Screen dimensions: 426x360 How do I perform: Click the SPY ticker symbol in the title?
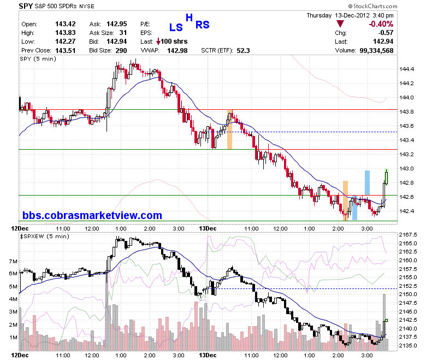[26, 6]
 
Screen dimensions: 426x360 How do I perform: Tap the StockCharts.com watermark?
[372, 6]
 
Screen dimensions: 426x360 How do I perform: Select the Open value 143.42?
[66, 24]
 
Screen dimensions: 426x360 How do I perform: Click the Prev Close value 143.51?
[66, 51]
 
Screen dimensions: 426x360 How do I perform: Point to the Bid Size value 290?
[121, 51]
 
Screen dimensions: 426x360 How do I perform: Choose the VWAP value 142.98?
[177, 51]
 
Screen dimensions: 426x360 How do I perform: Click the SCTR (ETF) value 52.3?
[243, 51]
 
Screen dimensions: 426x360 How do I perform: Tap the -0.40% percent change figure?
[381, 24]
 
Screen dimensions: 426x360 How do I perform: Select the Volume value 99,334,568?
[376, 51]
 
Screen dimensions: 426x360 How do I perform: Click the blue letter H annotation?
[189, 17]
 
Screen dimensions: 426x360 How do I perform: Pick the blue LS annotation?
[176, 27]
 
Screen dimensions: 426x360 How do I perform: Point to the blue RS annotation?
[203, 25]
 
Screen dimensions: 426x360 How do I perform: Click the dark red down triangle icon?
[340, 23]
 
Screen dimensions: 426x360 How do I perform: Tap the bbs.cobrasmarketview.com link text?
[92, 215]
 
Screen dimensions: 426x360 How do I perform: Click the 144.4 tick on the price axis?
[406, 69]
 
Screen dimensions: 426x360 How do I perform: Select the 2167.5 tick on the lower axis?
[408, 235]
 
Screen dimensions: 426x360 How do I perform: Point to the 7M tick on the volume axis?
[13, 261]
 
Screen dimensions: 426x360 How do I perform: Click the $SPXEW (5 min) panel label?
[45, 237]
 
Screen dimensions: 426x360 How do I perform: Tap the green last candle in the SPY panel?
[386, 177]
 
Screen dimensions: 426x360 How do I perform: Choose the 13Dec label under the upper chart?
[208, 228]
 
